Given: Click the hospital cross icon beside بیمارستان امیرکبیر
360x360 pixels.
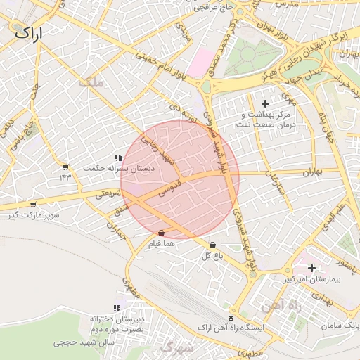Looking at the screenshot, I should pos(311,268).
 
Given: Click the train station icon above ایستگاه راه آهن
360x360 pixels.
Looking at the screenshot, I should pos(230,317).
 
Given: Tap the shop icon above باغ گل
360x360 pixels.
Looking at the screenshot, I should pos(212,245).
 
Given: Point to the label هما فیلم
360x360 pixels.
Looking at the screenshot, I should pos(161,243).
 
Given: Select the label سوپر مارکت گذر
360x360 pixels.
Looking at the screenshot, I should pos(32,215).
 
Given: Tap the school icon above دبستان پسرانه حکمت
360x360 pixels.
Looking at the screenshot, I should pos(117,158).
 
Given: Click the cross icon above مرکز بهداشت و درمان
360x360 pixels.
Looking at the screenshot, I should pos(264,103).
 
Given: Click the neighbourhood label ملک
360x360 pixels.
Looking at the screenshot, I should pos(91,82).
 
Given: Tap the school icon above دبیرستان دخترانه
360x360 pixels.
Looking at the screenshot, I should pos(117,308).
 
